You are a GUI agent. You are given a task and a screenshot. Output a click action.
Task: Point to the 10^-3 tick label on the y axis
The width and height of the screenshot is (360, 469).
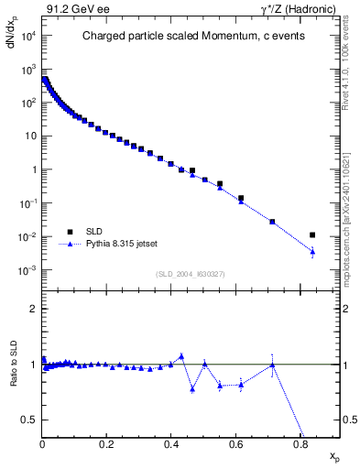click(27, 270)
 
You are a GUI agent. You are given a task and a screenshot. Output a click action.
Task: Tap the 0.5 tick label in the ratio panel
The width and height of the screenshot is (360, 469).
click(30, 420)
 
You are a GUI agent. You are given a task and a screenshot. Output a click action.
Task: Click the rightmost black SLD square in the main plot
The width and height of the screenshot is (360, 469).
click(312, 235)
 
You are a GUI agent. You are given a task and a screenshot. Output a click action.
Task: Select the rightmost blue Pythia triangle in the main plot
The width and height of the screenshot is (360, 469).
click(312, 251)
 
